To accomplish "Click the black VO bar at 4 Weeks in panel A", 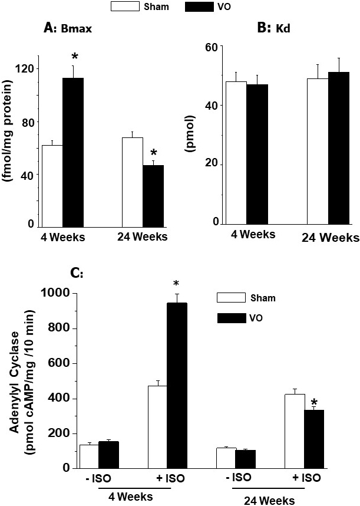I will [x=73, y=152].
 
